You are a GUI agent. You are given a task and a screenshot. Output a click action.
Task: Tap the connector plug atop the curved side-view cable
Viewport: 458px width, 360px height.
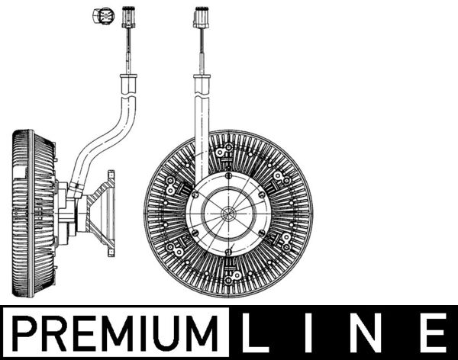point(127,16)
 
